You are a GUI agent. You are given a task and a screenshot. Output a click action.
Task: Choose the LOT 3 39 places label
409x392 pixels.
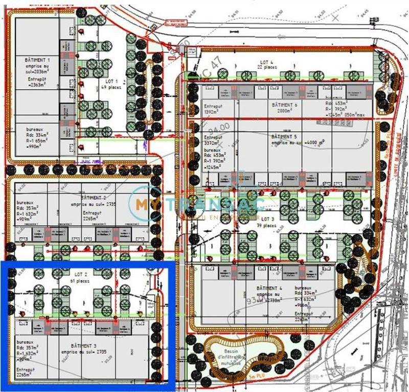click(266, 222)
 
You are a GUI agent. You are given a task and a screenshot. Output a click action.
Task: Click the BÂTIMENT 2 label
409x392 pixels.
click(94, 197)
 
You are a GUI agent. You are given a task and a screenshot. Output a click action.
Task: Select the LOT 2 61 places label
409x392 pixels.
click(79, 278)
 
